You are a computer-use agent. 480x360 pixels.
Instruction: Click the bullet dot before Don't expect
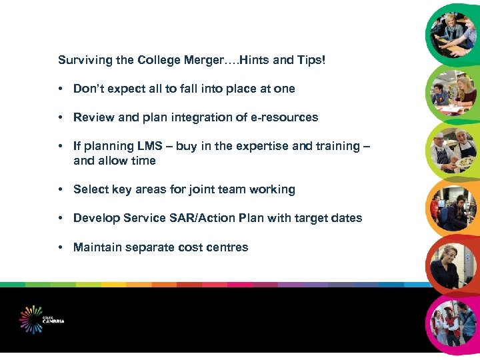coord(61,89)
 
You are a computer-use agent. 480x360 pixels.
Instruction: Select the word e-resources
coord(285,117)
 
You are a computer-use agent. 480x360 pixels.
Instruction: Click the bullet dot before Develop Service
coord(61,218)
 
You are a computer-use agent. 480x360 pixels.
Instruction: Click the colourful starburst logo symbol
coord(31,319)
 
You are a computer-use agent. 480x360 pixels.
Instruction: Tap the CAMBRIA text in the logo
coord(53,321)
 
